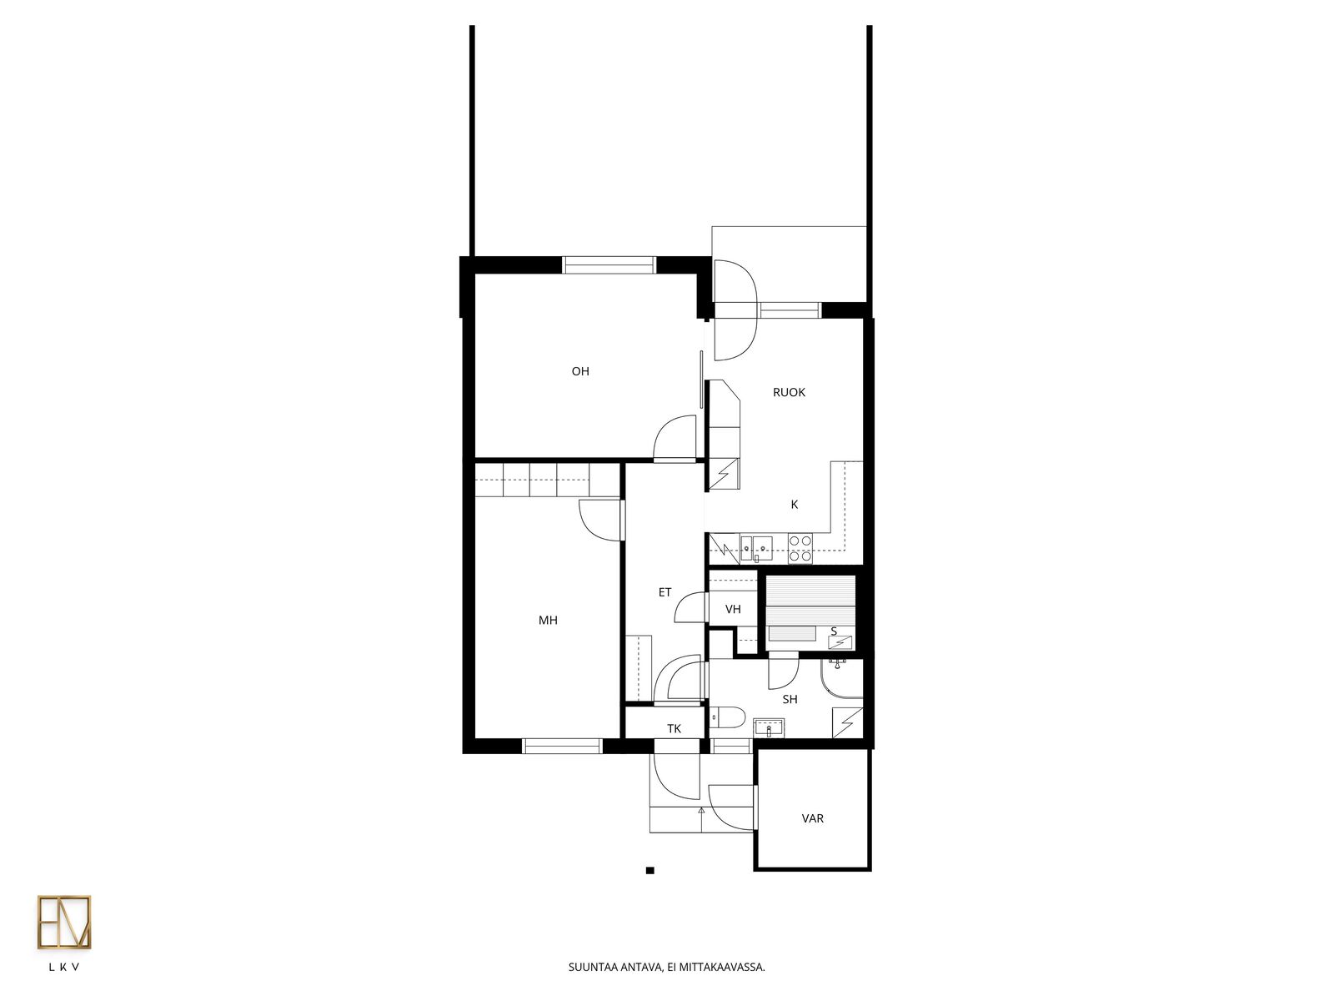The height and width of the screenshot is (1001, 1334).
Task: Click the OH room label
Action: [579, 371]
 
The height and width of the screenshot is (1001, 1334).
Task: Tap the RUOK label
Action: [788, 393]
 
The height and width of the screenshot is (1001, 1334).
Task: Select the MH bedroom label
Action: [548, 620]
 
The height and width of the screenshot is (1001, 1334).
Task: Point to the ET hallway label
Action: [664, 592]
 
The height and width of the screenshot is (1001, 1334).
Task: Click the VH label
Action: [732, 609]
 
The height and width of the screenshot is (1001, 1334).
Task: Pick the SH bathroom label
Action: [790, 700]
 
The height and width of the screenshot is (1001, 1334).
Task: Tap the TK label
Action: [674, 729]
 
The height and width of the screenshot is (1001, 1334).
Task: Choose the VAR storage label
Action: [812, 818]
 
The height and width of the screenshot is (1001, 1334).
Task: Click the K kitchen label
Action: [794, 505]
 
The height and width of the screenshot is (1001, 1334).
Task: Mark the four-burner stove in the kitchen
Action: [800, 547]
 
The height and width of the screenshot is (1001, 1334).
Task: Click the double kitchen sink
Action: [756, 548]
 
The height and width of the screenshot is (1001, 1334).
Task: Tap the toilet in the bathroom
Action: [727, 717]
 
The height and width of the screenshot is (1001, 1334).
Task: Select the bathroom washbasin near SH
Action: [769, 727]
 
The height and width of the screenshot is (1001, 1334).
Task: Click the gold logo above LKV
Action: [64, 923]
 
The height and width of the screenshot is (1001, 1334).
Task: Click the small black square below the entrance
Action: [649, 870]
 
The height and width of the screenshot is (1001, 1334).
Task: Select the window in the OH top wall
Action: [609, 265]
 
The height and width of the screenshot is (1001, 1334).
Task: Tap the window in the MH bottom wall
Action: [562, 746]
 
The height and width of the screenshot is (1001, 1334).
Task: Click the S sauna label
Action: [834, 631]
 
